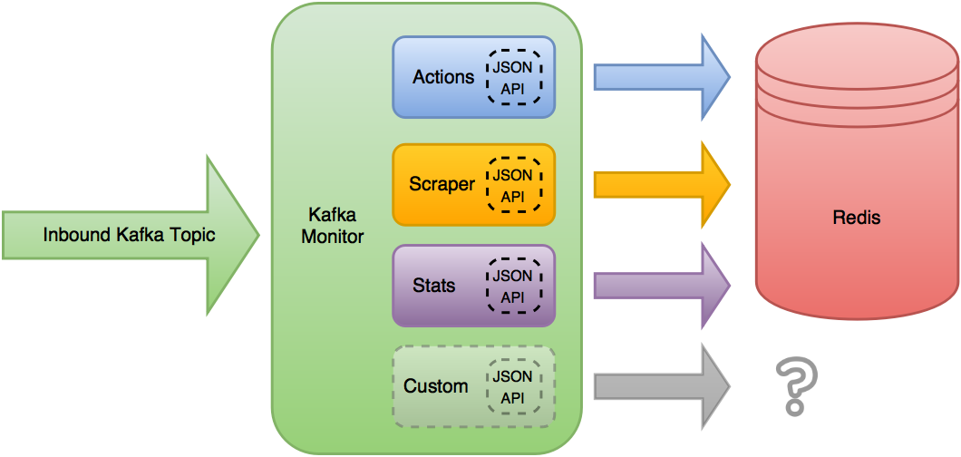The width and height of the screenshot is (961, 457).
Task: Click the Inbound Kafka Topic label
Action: click(x=129, y=236)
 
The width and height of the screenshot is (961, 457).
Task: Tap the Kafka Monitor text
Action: click(x=333, y=227)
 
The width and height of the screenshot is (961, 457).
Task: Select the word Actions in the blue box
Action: click(x=443, y=77)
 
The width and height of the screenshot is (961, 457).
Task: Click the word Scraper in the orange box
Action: click(x=442, y=184)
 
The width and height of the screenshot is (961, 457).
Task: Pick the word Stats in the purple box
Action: click(x=433, y=286)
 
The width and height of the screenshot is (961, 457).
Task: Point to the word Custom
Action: click(x=436, y=386)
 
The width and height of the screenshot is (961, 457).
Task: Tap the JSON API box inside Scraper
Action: click(x=512, y=185)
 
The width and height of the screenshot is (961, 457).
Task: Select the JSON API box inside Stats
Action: click(x=512, y=286)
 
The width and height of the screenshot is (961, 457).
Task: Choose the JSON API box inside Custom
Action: click(x=512, y=386)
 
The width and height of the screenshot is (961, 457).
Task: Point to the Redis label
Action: click(x=856, y=219)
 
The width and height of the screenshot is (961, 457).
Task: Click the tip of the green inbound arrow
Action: click(x=257, y=236)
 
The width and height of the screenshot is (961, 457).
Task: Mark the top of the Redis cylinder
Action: click(x=856, y=45)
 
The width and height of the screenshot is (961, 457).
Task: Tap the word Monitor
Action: click(x=333, y=238)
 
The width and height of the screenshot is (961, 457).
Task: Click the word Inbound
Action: click(x=77, y=236)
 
